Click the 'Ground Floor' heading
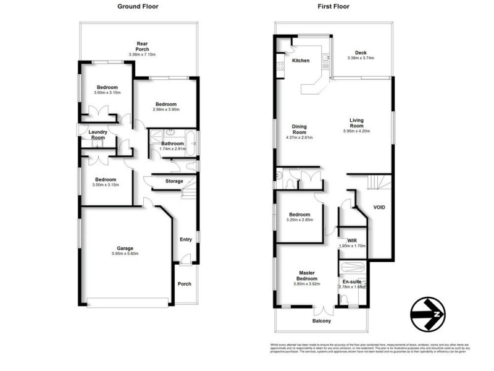tap(138, 7)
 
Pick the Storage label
tap(174, 181)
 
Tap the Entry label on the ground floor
tap(185, 239)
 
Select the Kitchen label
tap(301, 61)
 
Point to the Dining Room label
tap(299, 130)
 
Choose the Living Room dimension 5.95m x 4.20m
tap(357, 130)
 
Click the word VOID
tap(379, 207)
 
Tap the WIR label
tap(353, 240)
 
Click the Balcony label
tap(322, 321)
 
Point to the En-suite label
tap(352, 281)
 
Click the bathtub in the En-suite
tap(352, 268)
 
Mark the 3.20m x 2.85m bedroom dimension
tap(299, 220)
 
